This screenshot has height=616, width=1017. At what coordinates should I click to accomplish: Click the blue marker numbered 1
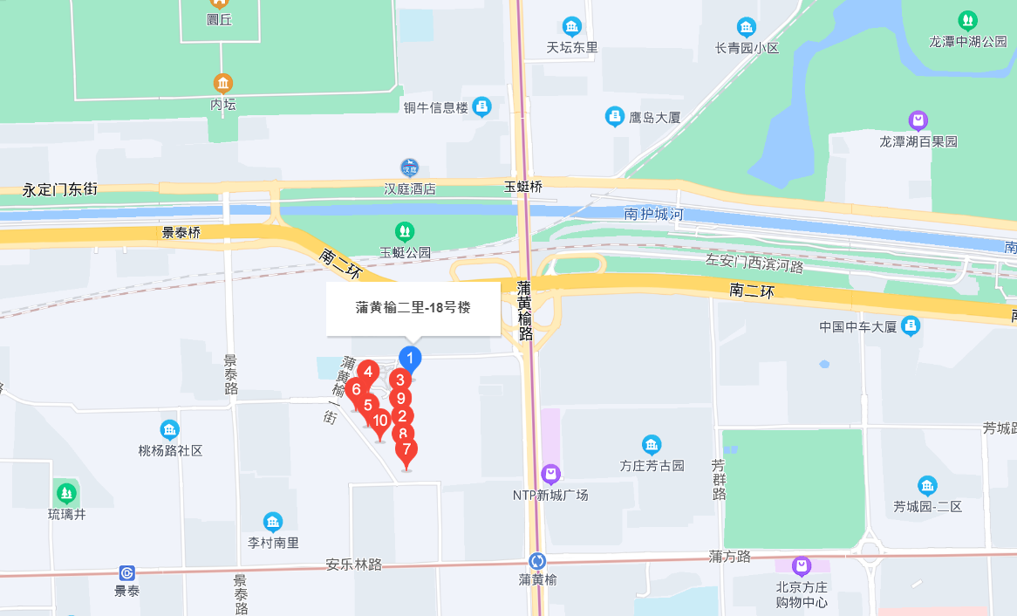point(410,358)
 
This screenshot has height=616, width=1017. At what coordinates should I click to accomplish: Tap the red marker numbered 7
point(406,450)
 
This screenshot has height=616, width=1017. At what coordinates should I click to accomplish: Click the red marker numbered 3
point(399,380)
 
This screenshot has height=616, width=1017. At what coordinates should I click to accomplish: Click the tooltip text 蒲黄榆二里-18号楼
point(413,307)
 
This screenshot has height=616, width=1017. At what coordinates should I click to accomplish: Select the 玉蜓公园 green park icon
point(405,231)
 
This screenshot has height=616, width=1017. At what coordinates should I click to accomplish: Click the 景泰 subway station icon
point(127,573)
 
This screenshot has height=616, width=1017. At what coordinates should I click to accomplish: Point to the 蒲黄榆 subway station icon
point(538,560)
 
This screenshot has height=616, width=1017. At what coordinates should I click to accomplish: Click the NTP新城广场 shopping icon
point(550,475)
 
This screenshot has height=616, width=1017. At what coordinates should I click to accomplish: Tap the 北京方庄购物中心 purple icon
point(802,565)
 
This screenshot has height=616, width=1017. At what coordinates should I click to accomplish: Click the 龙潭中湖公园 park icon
point(967,20)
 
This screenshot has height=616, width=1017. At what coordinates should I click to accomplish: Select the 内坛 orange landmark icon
point(223,84)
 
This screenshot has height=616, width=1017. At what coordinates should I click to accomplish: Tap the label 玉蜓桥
point(523,187)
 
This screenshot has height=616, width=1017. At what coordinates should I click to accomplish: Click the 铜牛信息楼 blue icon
point(482,106)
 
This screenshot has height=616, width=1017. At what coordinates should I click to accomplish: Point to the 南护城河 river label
point(652,214)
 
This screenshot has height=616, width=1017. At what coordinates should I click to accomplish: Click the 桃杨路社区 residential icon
point(170,430)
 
